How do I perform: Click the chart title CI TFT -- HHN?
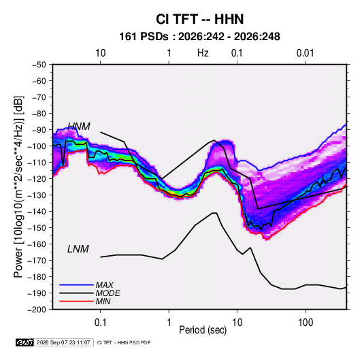[199, 19]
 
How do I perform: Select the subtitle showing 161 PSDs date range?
[199, 37]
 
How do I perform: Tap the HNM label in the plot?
[79, 127]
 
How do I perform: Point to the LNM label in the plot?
[78, 249]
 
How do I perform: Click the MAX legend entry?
[105, 285]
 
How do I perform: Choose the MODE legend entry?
[107, 293]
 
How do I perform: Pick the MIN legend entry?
[103, 301]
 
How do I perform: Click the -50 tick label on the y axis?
[39, 65]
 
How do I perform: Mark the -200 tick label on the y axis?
[37, 310]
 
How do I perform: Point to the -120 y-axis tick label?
[37, 178]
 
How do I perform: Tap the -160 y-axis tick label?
[37, 244]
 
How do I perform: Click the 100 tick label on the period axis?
[305, 323]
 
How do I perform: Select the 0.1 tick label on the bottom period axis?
[100, 323]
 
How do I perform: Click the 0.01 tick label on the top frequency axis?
[305, 53]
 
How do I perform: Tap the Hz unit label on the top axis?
[203, 53]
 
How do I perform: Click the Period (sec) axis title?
[203, 330]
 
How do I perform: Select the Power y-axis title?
[19, 186]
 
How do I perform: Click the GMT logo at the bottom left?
[24, 342]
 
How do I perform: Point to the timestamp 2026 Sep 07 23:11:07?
[63, 342]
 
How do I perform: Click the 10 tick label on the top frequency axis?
[101, 53]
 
